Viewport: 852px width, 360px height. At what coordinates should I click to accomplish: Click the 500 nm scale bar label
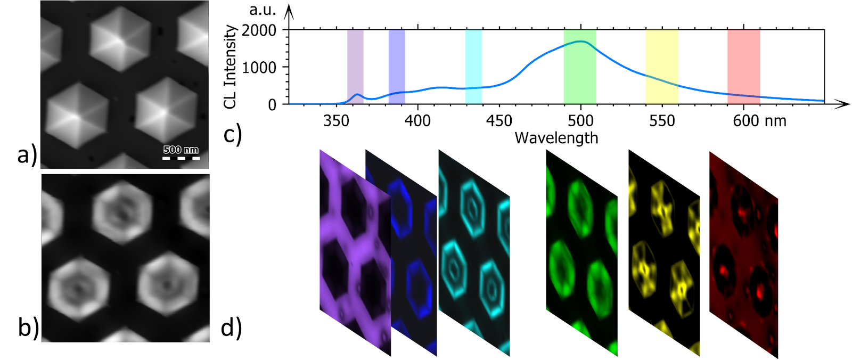pyautogui.click(x=181, y=150)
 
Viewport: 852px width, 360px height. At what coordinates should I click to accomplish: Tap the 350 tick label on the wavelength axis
pyautogui.click(x=336, y=121)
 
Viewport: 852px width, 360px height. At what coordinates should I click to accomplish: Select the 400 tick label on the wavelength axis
pyautogui.click(x=417, y=121)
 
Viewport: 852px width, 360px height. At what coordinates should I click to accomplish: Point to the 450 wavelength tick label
pyautogui.click(x=499, y=121)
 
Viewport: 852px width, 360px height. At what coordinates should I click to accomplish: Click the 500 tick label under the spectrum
pyautogui.click(x=580, y=121)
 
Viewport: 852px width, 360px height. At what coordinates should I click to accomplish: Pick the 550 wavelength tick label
pyautogui.click(x=662, y=121)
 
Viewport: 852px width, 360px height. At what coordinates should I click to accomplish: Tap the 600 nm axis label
pyautogui.click(x=759, y=121)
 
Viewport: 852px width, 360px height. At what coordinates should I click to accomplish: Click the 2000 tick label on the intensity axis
pyautogui.click(x=259, y=30)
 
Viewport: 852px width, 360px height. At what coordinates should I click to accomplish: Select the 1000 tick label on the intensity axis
pyautogui.click(x=259, y=68)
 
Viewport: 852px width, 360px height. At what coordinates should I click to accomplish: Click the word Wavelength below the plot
pyautogui.click(x=556, y=138)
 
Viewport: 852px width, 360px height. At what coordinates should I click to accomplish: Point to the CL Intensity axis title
pyautogui.click(x=230, y=67)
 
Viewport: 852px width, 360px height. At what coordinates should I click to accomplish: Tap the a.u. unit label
pyautogui.click(x=263, y=11)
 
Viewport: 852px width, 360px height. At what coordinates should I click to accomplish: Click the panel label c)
pyautogui.click(x=233, y=135)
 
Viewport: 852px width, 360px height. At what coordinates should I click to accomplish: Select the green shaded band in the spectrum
pyautogui.click(x=580, y=67)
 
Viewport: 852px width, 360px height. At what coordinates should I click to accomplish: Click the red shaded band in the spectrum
pyautogui.click(x=743, y=67)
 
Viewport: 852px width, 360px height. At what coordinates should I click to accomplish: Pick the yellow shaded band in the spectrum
pyautogui.click(x=662, y=67)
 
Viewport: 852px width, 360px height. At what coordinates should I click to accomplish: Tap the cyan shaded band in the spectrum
pyautogui.click(x=473, y=67)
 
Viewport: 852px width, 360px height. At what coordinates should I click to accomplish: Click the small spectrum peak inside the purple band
pyautogui.click(x=357, y=95)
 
